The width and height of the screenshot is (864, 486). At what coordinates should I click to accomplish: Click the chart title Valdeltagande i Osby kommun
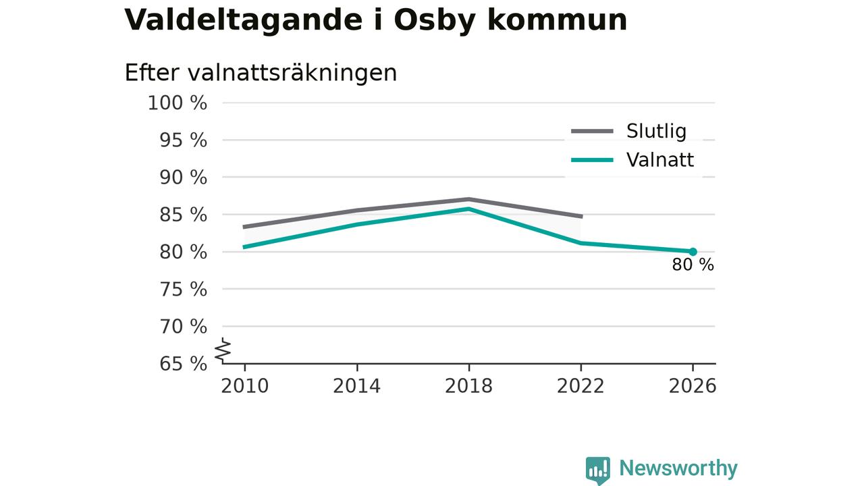[375, 20]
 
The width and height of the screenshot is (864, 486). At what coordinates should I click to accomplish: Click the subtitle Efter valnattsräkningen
[261, 72]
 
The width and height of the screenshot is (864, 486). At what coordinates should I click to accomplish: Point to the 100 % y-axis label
[178, 103]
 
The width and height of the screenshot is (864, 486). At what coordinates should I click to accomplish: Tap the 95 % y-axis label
[183, 140]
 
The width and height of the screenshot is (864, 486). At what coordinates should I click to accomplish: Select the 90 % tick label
[183, 178]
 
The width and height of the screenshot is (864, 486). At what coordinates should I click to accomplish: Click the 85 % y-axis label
[183, 215]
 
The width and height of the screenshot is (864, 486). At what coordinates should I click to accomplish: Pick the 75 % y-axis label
[183, 290]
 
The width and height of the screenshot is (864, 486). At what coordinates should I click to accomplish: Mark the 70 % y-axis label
[183, 327]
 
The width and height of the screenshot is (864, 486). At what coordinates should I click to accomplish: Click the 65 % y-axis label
[183, 364]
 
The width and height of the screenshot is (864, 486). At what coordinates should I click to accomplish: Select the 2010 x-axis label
[244, 386]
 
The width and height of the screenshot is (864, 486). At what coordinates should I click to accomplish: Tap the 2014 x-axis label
[357, 386]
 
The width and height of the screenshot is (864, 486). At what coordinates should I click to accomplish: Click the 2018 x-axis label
[468, 386]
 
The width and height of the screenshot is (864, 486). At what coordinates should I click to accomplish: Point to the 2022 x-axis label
[580, 386]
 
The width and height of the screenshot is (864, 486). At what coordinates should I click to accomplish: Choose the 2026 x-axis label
[693, 386]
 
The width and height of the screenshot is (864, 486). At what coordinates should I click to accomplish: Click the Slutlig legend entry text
[657, 131]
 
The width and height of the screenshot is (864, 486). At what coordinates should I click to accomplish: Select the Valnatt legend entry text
[660, 160]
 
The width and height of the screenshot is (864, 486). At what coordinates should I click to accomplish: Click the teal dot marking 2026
[693, 252]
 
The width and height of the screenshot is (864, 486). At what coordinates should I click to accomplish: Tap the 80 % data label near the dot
[693, 265]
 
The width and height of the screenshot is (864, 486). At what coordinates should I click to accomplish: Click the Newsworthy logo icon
[598, 470]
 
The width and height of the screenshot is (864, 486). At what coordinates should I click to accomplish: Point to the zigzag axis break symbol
[223, 350]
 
